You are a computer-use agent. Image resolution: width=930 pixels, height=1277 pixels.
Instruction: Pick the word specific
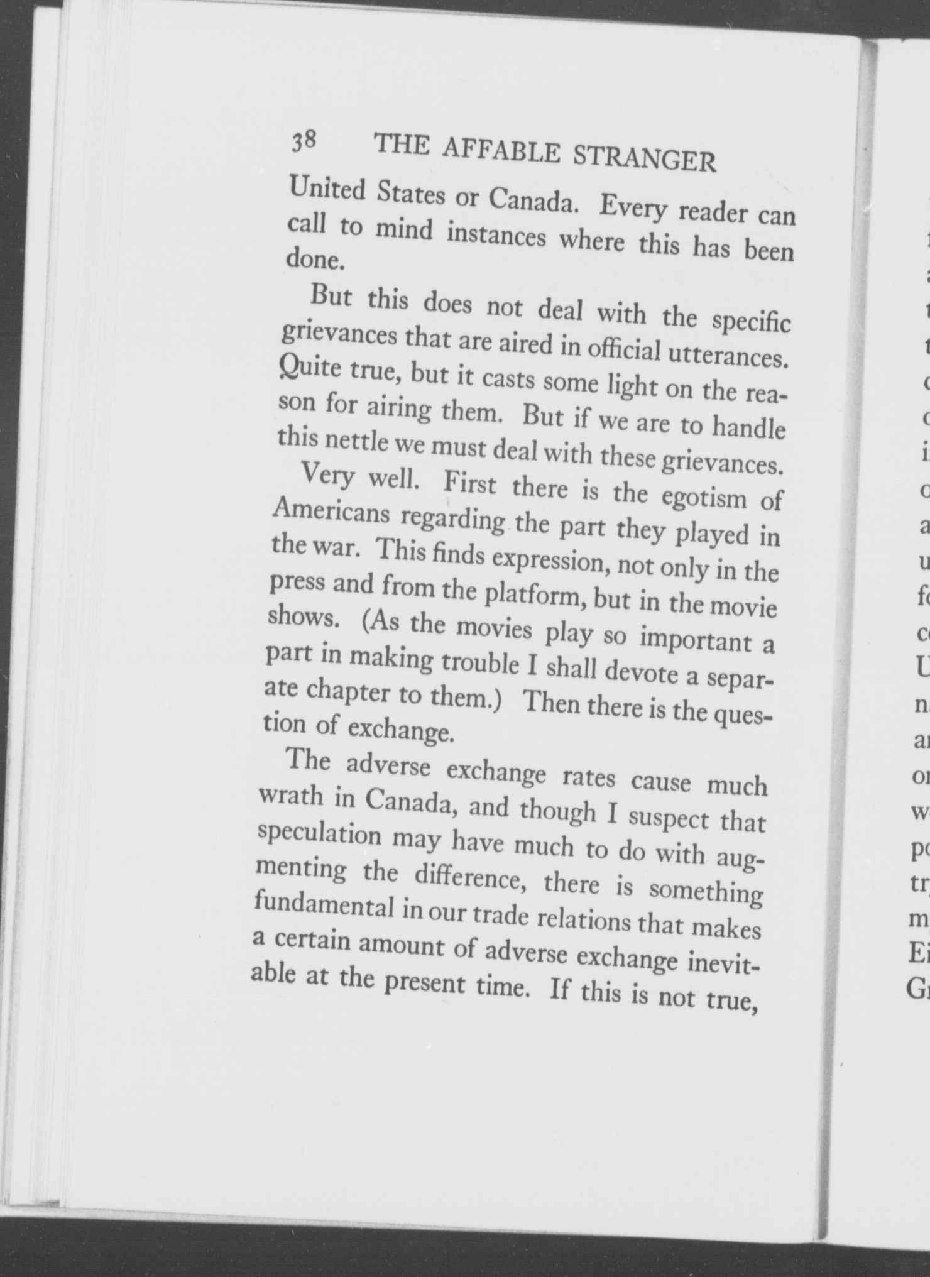click(x=752, y=322)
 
